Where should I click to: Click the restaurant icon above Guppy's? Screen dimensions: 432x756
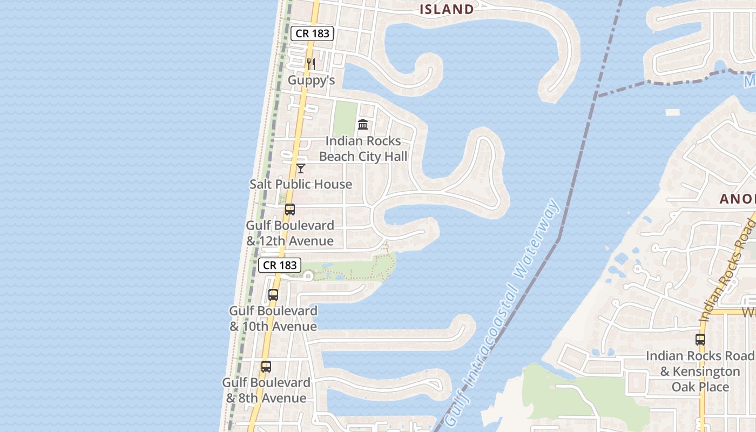(310, 64)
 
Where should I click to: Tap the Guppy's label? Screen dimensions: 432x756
(311, 80)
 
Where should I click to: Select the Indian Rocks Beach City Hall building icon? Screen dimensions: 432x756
(363, 124)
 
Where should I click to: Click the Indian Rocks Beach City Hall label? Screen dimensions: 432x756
(363, 148)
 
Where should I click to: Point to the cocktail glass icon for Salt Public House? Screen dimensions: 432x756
(301, 168)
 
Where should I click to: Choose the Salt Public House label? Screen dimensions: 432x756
(301, 184)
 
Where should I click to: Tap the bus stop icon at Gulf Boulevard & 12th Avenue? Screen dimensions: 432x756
(290, 210)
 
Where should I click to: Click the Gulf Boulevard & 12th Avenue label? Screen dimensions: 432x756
(290, 233)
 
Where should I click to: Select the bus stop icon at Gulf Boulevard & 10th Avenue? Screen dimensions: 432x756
(273, 295)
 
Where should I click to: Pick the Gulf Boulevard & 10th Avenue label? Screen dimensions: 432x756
(273, 319)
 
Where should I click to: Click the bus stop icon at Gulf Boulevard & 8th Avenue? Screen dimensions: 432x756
(266, 367)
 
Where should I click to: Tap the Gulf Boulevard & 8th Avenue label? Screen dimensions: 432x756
(266, 390)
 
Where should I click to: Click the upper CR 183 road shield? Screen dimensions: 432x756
(313, 33)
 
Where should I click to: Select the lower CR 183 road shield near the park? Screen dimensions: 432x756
(280, 265)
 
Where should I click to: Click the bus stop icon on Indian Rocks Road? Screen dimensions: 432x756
(700, 340)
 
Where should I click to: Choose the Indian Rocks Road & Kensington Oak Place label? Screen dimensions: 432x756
(700, 372)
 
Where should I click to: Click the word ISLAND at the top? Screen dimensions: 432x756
(447, 9)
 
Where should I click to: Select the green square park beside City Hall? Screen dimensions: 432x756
(345, 119)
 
